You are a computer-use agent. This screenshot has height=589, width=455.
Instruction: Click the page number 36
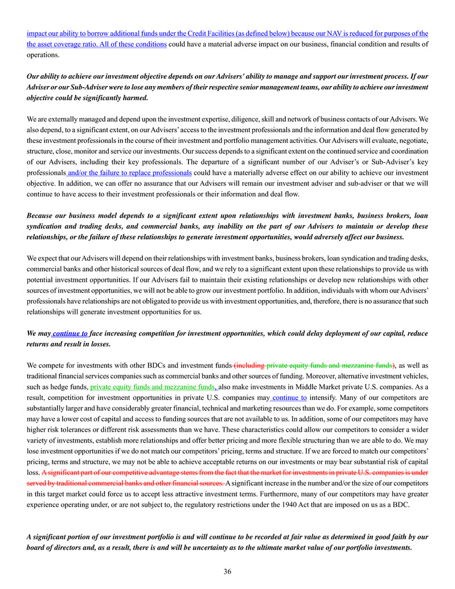[227, 571]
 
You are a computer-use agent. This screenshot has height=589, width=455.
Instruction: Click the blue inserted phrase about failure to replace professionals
[129, 173]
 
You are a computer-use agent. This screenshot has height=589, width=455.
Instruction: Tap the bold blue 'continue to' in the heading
[69, 333]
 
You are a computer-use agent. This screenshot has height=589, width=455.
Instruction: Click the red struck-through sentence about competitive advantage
[235, 472]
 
